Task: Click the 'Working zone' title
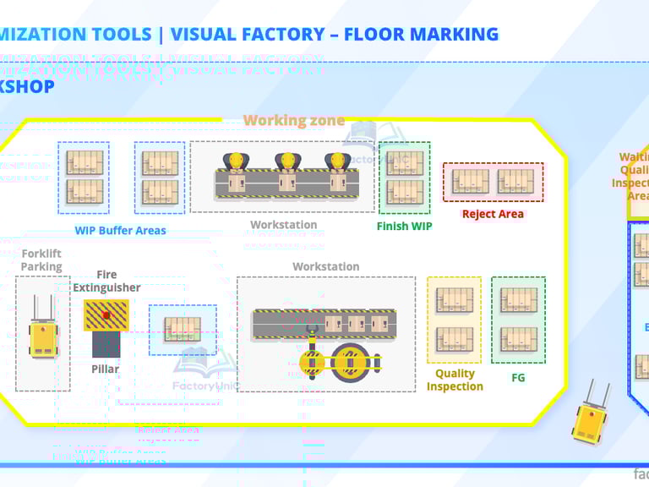pos(294,120)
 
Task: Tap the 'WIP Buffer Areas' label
pos(120,230)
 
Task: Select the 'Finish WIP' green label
pos(404,226)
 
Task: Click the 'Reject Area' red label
pos(493,214)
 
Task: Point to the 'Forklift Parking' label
pos(41,260)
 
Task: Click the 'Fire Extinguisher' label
pos(106,281)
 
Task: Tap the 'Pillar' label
pos(106,369)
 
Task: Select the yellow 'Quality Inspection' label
pos(455,380)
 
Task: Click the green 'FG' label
pos(518,377)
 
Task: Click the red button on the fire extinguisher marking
pos(106,315)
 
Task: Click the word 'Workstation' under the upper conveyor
pos(283,225)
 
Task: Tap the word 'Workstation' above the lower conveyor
pos(325,266)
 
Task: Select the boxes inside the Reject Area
pos(493,182)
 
